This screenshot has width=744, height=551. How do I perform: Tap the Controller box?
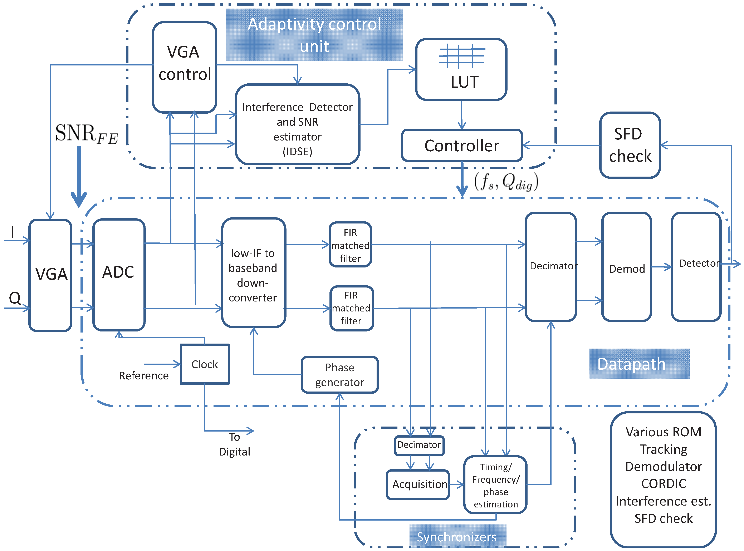(461, 146)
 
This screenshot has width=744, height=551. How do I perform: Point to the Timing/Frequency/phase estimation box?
(495, 485)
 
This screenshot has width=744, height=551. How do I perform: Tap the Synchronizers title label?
(457, 537)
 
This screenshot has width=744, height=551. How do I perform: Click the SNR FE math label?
(86, 134)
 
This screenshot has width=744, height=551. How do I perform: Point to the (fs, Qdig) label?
(506, 182)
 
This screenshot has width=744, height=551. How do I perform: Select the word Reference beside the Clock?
(143, 375)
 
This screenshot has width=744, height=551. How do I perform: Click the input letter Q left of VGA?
(15, 298)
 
